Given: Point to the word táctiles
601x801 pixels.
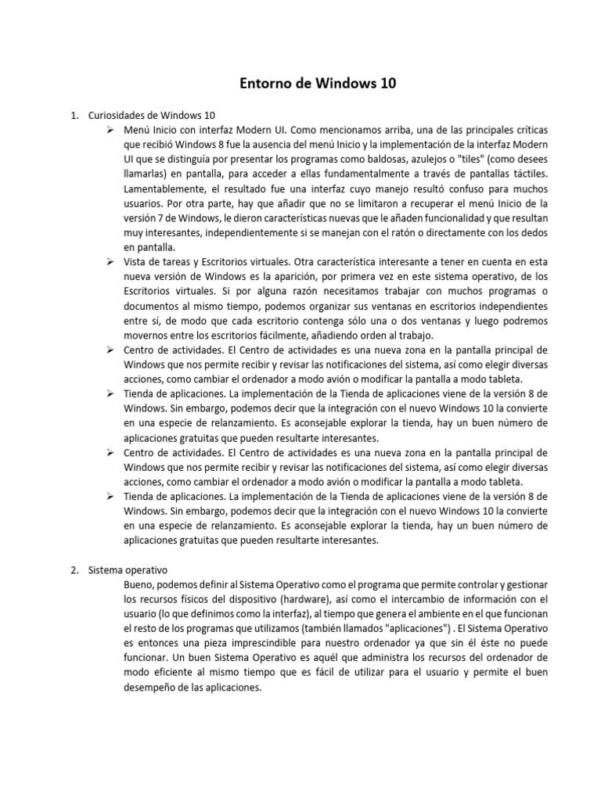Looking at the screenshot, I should tap(527, 174).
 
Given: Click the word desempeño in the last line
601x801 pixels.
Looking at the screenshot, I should tap(153, 688).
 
